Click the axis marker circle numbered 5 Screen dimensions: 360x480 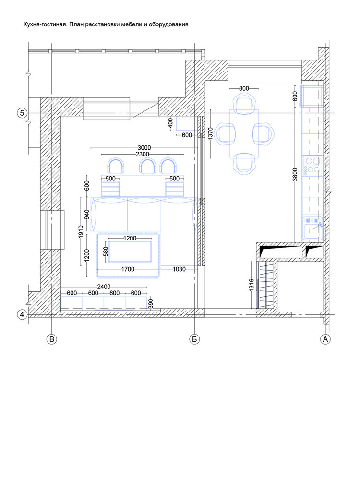pos(22,113)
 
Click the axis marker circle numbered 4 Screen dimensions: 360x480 pos(22,314)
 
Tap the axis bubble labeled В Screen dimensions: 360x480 pos(52,339)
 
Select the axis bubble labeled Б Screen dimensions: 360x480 pos(194,339)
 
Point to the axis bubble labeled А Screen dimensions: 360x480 pos(325,339)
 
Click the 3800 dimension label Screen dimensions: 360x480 pos(295,175)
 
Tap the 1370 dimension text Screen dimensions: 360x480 pos(210,134)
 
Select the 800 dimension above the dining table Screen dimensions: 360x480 pos(244,88)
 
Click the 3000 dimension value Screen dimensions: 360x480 pos(144,148)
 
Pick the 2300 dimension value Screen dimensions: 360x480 pos(143,154)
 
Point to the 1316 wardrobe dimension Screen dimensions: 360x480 pos(252,285)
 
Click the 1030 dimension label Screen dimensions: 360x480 pos(179,269)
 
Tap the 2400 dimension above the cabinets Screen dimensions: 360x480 pos(104,287)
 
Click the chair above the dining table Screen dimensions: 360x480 pos(244,104)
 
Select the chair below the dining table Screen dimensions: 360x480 pos(244,164)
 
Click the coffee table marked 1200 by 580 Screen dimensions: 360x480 pos(130,252)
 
